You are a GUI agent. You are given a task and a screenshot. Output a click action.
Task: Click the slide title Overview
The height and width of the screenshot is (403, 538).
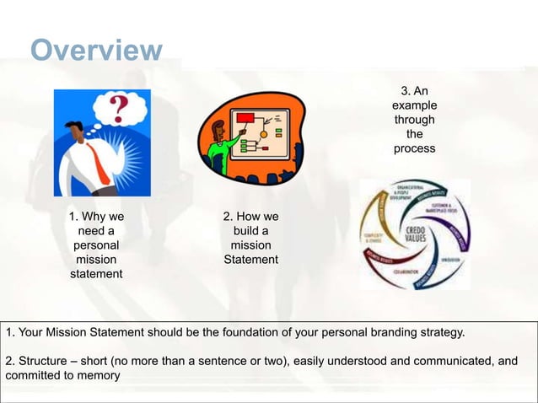(x=96, y=51)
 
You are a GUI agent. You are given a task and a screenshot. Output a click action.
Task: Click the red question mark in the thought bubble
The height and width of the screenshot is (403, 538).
(x=121, y=108)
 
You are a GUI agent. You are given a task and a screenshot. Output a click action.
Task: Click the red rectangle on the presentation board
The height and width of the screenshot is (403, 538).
(x=246, y=118)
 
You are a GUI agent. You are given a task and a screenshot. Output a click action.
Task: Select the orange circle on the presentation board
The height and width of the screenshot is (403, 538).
(x=264, y=133)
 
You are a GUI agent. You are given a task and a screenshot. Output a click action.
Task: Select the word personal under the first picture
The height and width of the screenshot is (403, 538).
(x=96, y=245)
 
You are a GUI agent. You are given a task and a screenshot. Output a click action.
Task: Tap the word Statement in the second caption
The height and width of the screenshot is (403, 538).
(x=250, y=260)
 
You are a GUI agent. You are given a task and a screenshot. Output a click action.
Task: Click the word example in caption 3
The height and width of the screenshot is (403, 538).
(x=414, y=105)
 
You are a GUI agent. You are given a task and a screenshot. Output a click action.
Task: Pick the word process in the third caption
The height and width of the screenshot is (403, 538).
(x=414, y=148)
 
